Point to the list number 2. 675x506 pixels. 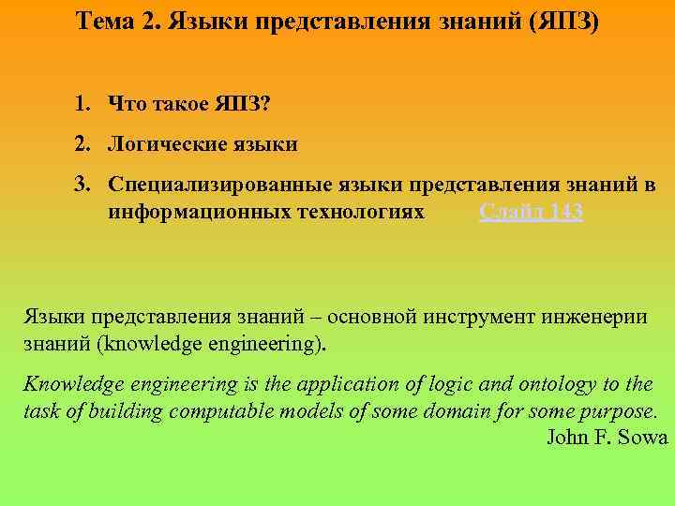point(84,144)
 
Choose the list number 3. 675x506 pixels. point(84,186)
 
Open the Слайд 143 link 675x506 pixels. point(531,213)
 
